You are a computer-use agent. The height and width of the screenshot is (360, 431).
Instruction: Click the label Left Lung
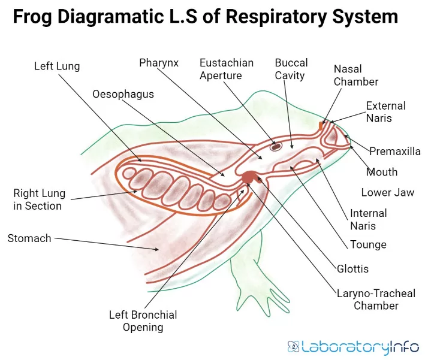pos(56,66)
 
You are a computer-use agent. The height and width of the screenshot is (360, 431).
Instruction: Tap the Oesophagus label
pos(123,94)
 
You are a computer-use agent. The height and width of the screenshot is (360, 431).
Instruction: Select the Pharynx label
pos(159,62)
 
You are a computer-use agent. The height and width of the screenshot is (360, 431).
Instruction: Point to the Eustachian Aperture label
pos(227,69)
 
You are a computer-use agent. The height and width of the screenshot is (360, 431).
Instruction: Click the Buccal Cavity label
pos(291,69)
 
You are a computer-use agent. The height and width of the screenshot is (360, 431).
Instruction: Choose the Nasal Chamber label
pos(356,75)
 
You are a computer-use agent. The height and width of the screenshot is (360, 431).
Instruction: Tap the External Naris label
pos(385,112)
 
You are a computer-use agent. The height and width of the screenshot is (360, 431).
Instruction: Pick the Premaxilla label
pos(394,152)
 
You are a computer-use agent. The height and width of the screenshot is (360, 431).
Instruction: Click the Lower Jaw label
pos(387,193)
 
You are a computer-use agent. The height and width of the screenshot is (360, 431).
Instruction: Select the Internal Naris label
pos(369,219)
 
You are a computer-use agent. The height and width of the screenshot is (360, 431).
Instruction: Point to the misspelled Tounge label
pos(368,244)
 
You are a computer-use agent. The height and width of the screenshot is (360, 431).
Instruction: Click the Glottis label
pos(352,269)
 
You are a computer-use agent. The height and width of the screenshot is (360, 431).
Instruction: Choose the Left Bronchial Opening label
pos(143,321)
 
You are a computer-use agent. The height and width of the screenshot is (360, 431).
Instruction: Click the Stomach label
pos(29,238)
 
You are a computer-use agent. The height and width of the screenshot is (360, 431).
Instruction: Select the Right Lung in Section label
pos(39,200)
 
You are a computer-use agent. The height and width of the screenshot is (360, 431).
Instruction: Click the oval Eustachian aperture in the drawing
pos(276,146)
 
